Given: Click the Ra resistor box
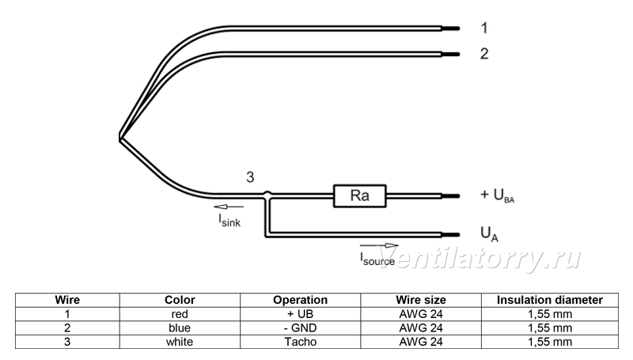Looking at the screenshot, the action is point(360,196).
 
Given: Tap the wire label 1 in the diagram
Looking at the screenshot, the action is point(484,28).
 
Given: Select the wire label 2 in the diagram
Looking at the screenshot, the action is point(484,54).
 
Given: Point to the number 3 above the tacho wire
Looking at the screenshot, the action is point(250,177).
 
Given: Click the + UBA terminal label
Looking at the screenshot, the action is point(498,195).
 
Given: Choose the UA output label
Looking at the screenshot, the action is point(489,234).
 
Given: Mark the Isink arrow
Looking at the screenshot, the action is point(229,207).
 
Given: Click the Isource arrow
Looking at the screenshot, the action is point(379,245).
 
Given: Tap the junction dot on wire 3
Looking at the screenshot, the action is point(267,195).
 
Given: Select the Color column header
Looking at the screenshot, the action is point(180,300).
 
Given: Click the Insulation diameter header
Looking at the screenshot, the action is point(549,300).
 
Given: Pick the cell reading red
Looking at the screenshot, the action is point(180,314).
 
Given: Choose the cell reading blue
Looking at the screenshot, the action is point(180,328).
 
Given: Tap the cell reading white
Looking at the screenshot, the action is point(180,342).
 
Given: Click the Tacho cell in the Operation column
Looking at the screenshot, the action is point(301,342).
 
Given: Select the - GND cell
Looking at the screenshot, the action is point(301,328).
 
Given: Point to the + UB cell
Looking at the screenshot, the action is point(301,314).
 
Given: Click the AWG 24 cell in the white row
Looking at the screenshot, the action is point(421,342).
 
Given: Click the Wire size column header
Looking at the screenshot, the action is point(421,300).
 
